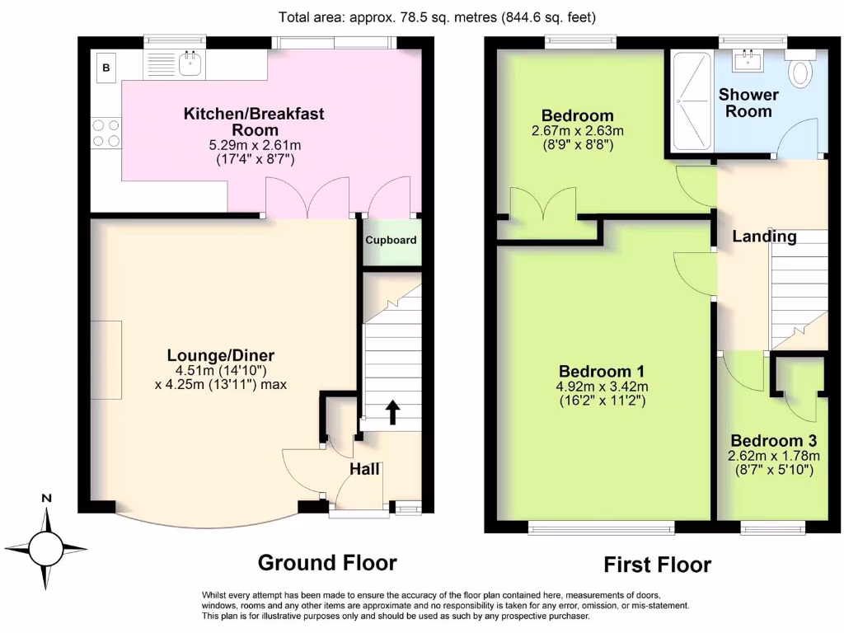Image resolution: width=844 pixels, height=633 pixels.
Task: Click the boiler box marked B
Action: (106, 68)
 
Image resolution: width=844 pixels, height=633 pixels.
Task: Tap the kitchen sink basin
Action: (190, 64)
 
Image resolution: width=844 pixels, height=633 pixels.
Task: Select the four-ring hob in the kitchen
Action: (106, 133)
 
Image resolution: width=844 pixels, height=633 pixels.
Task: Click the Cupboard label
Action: (391, 240)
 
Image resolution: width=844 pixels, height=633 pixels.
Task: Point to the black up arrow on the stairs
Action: (393, 412)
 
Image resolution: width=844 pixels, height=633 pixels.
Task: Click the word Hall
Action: (364, 469)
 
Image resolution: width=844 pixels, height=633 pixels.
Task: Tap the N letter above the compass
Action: (47, 498)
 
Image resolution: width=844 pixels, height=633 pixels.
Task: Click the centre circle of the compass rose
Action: (46, 549)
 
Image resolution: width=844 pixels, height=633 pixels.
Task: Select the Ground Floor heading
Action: (327, 562)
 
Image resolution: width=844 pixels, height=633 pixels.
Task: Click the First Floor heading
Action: (657, 565)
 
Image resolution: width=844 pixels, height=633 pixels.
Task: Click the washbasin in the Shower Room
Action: (748, 60)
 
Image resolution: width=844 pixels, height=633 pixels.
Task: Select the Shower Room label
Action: (748, 103)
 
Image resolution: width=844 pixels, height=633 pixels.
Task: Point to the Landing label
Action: (764, 237)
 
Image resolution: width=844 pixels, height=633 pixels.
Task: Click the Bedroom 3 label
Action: (773, 441)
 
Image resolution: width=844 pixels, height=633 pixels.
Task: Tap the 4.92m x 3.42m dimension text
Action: (602, 387)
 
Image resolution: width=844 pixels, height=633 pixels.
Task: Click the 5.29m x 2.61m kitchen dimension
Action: (255, 145)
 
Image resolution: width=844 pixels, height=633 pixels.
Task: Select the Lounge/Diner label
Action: (221, 355)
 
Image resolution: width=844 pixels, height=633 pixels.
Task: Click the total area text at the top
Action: (437, 17)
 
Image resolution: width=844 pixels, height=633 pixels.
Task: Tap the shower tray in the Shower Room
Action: (692, 100)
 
